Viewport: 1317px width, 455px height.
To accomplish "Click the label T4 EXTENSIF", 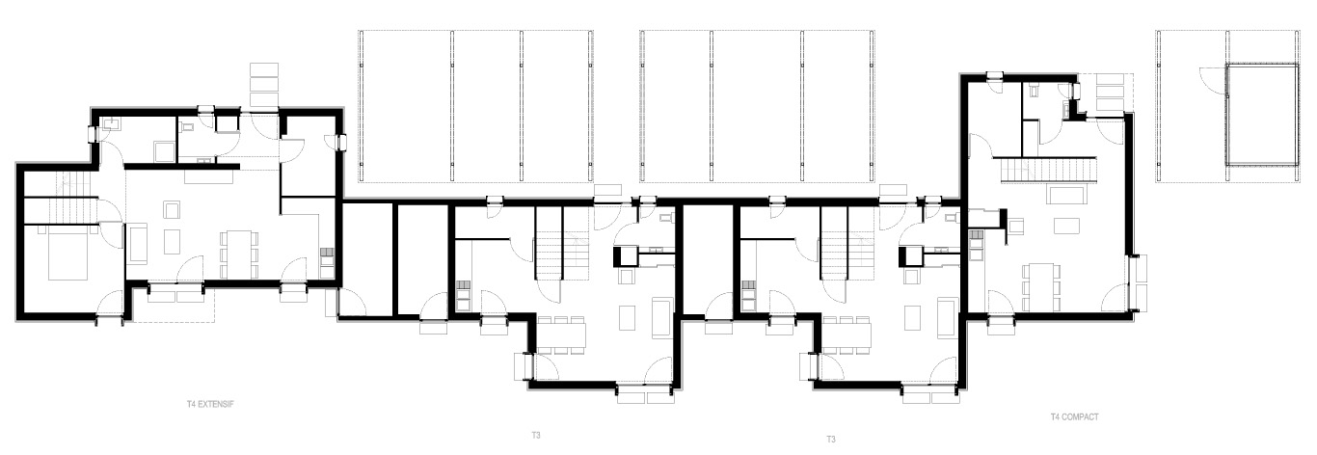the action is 210,405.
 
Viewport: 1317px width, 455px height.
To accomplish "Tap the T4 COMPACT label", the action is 1074,416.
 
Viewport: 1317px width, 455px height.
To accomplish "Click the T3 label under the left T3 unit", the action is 536,436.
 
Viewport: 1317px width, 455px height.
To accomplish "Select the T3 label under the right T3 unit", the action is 831,440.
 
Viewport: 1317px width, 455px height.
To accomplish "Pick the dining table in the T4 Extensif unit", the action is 239,254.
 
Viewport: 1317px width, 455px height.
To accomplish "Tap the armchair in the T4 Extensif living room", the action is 173,210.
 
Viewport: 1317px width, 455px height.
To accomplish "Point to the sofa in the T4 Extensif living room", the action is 138,242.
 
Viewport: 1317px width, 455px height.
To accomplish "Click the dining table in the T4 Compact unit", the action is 1040,287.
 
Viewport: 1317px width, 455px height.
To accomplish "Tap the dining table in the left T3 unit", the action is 562,335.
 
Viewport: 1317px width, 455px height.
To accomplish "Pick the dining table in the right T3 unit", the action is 847,335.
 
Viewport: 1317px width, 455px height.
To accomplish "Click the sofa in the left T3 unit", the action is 662,317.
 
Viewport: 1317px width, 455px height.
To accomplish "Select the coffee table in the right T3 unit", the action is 913,317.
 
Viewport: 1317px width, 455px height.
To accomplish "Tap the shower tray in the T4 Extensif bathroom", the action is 164,151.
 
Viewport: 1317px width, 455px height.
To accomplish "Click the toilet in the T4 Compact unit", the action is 1034,91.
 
